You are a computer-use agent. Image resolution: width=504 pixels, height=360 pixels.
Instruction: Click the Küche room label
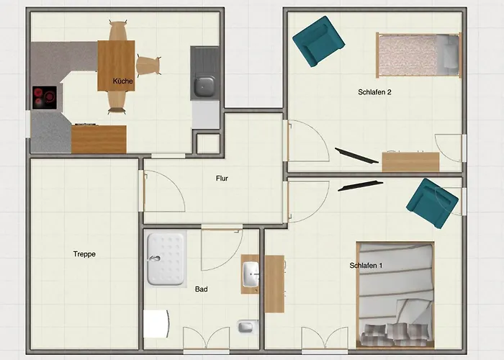[x=123, y=81]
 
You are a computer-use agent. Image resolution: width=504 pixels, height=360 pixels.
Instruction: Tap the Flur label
[x=222, y=179]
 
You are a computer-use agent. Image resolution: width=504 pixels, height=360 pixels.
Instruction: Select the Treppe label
[x=84, y=254]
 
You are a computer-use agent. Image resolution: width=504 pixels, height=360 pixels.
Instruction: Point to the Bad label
[x=201, y=289]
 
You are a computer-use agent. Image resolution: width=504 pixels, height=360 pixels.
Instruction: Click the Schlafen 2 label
[x=374, y=92]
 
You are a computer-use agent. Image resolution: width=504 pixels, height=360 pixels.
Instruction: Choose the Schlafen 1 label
[x=366, y=266]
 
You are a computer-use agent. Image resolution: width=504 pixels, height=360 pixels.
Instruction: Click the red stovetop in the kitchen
[x=45, y=97]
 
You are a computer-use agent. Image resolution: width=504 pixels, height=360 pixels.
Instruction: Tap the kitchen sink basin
[x=204, y=86]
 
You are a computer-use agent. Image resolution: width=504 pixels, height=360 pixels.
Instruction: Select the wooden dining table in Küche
[x=116, y=66]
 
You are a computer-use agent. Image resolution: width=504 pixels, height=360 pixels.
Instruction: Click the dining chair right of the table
[x=148, y=66]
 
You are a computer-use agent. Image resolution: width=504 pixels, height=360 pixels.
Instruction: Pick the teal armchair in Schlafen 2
[x=318, y=42]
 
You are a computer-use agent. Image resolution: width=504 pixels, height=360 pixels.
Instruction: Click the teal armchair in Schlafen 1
[x=432, y=203]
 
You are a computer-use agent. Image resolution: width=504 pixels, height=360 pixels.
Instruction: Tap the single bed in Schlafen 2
[x=419, y=55]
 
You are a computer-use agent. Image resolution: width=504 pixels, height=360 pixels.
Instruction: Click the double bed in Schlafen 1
[x=395, y=294]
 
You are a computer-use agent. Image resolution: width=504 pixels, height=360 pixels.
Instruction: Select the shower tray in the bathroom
[x=166, y=259]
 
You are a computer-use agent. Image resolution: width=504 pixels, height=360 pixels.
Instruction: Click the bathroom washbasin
[x=251, y=274]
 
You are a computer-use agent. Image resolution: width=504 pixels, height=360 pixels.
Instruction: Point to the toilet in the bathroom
[x=248, y=327]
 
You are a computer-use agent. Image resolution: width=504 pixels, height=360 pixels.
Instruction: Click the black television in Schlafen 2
[x=357, y=156]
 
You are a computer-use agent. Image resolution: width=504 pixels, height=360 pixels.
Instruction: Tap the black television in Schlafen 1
[x=360, y=186]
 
